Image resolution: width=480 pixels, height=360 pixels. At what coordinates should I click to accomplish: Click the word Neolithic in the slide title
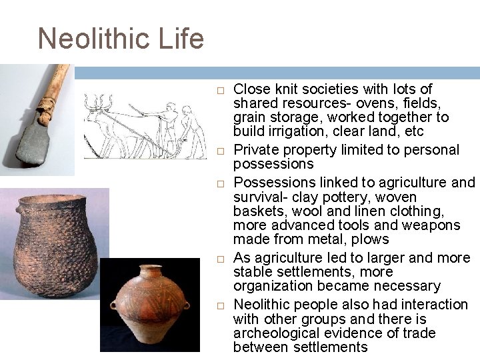pyautogui.click(x=94, y=39)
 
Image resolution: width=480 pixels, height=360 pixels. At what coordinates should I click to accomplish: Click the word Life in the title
pyautogui.click(x=180, y=39)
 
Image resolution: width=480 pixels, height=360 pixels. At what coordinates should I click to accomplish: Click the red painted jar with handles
pyautogui.click(x=150, y=307)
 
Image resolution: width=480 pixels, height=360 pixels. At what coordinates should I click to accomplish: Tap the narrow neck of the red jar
pyautogui.click(x=153, y=273)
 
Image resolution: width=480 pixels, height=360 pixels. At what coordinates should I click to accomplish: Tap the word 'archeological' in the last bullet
pyautogui.click(x=274, y=333)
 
